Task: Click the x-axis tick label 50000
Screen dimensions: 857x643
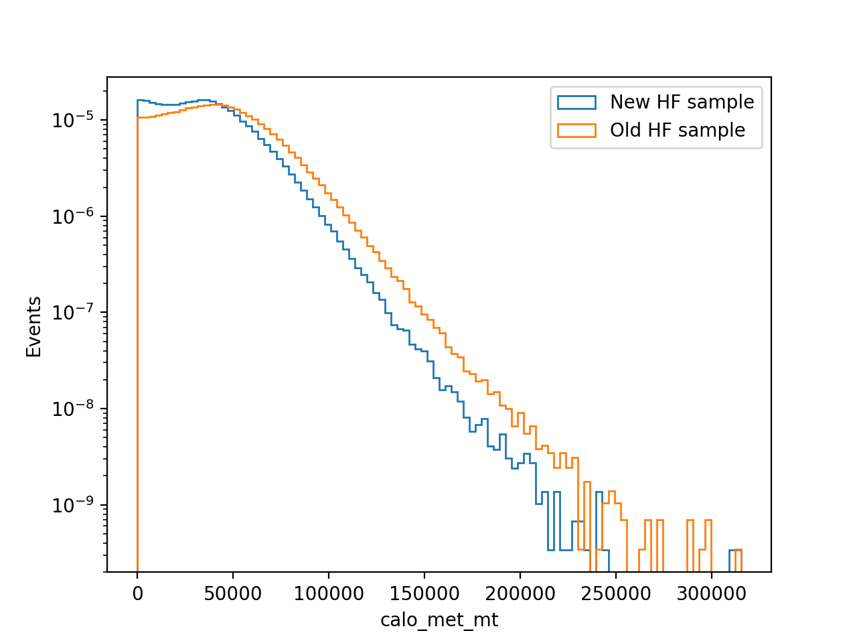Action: coord(233,594)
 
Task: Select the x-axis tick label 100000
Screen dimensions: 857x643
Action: coord(328,594)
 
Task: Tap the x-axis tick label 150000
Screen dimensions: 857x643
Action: coord(424,594)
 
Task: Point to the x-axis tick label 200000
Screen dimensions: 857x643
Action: coord(520,594)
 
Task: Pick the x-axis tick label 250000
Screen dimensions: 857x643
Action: coord(616,594)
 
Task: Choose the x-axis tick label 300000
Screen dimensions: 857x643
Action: coord(711,594)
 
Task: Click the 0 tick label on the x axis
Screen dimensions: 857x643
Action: coord(137,594)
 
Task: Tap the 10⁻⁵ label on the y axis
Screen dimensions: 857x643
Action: coord(73,120)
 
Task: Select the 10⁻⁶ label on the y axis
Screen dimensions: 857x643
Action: coord(73,216)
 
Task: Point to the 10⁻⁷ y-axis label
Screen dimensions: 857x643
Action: coord(73,312)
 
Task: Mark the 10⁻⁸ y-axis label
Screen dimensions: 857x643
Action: coord(73,409)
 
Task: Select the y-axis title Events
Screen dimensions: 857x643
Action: coord(33,327)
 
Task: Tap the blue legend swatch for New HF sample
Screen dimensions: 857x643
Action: coord(576,102)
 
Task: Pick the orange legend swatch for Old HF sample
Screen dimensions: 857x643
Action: coord(576,131)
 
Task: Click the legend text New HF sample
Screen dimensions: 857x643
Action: coord(682,102)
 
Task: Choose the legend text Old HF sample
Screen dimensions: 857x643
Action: coord(678,131)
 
